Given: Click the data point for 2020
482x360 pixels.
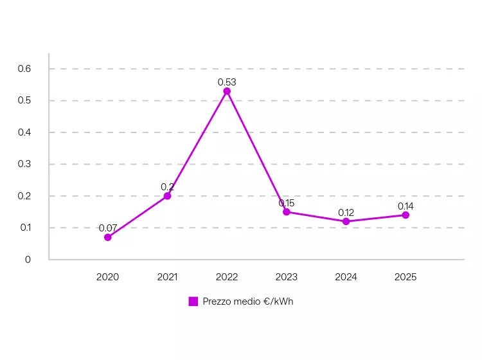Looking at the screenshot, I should pos(107,237).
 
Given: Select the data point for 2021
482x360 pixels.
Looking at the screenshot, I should pos(167,196).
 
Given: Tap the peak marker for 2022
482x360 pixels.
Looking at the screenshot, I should pos(227,91).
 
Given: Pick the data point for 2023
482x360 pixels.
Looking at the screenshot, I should pos(287,212).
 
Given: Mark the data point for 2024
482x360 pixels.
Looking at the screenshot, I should pos(346,221).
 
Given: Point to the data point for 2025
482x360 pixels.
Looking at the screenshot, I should pos(406,215).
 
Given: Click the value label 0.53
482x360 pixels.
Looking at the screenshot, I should pos(227,82).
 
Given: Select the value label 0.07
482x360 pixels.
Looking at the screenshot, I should pos(107,228).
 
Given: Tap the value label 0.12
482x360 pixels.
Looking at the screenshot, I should pos(346,212).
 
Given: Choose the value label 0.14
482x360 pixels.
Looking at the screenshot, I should pos(406,206).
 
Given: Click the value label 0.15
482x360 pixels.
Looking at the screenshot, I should pos(287,203).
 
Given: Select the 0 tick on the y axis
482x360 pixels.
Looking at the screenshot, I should pos(28,260).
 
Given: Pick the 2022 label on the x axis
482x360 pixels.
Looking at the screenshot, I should pos(227,277).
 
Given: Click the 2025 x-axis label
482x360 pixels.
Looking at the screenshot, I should pos(406,277).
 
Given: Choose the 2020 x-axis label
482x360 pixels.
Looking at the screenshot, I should pos(107,277).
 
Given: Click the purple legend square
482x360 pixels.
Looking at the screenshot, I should pos(193,301).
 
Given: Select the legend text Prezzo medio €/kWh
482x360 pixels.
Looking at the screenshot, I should pos(247,301).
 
